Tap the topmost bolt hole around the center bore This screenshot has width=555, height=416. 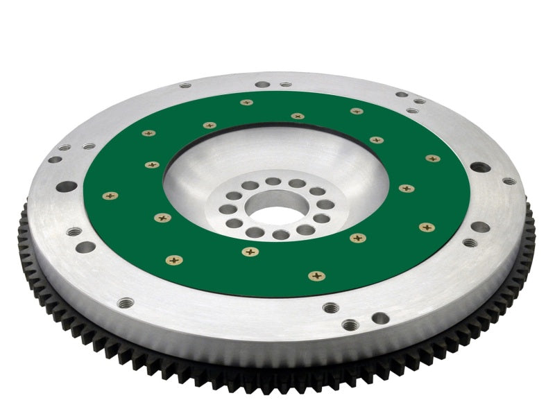click(x=273, y=182)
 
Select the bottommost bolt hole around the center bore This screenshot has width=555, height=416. click(x=280, y=235)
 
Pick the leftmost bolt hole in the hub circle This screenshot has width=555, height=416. click(x=225, y=209)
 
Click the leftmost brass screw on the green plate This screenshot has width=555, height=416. click(x=110, y=196)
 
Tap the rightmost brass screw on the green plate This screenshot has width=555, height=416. click(x=433, y=159)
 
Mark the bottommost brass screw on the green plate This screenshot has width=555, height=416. click(x=316, y=276)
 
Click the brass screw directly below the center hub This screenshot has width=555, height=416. click(x=249, y=251)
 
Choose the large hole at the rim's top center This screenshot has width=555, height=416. click(x=262, y=85)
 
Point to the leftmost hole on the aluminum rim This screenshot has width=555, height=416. click(x=54, y=159)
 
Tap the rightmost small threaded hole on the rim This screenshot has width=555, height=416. click(x=509, y=182)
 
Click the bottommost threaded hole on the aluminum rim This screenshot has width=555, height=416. click(x=350, y=324)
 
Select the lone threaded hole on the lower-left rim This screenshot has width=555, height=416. click(x=126, y=302)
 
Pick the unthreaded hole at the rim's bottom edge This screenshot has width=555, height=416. click(x=380, y=318)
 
